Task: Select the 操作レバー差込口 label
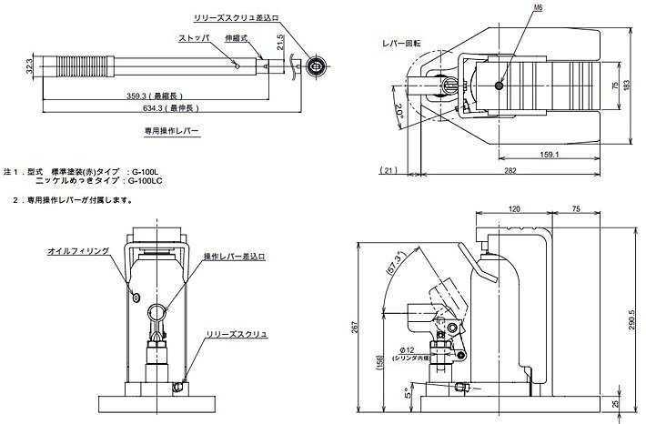234,257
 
